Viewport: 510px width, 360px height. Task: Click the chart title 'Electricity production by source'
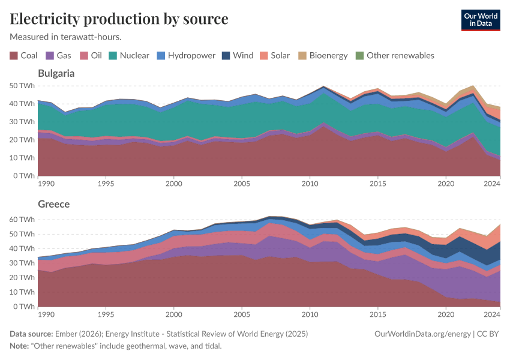coord(119,19)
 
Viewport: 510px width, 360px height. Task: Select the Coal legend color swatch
coord(14,56)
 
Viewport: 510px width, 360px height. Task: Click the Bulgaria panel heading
coord(56,73)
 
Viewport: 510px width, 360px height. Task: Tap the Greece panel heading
coord(53,204)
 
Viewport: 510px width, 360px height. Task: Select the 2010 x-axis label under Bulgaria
coord(310,183)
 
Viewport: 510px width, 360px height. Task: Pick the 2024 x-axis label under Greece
coord(492,314)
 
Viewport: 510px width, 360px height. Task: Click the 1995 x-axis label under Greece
coord(106,314)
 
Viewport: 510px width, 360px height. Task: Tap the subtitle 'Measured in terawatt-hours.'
coord(65,37)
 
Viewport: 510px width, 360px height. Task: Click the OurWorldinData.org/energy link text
coord(422,334)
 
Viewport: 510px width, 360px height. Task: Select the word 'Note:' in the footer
coord(21,346)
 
